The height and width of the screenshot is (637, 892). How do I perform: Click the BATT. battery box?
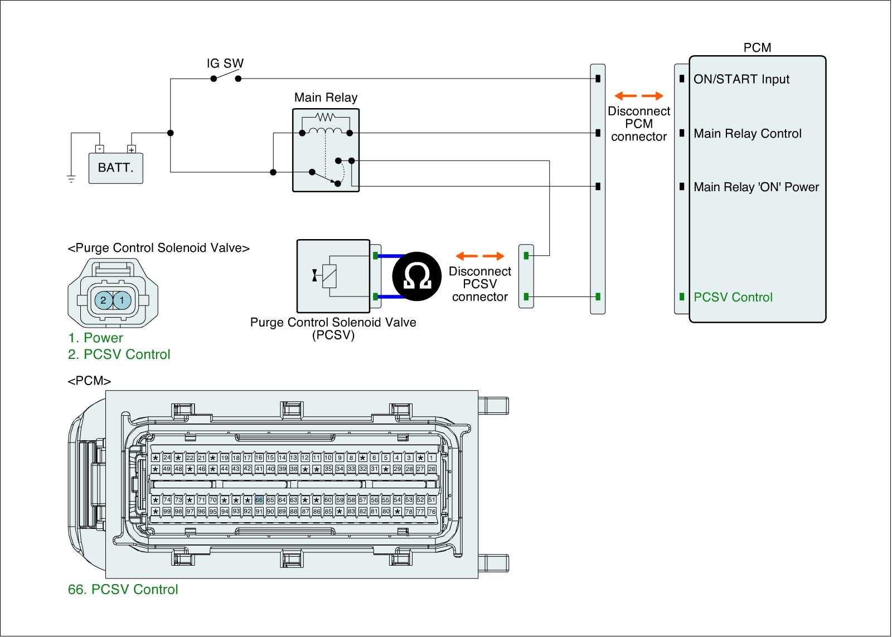pyautogui.click(x=116, y=168)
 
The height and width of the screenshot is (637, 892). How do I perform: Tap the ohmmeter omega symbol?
pyautogui.click(x=416, y=277)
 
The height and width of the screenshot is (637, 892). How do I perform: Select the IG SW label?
pyautogui.click(x=225, y=64)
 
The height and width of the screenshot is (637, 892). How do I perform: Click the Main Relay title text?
pyautogui.click(x=326, y=98)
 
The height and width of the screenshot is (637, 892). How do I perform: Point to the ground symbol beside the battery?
pyautogui.click(x=71, y=178)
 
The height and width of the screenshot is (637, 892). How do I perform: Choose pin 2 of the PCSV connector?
pyautogui.click(x=103, y=300)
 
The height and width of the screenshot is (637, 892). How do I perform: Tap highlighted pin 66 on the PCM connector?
pyautogui.click(x=259, y=500)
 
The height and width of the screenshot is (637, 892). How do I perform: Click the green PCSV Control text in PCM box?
pyautogui.click(x=733, y=297)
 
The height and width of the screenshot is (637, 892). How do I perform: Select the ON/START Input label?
pyautogui.click(x=741, y=79)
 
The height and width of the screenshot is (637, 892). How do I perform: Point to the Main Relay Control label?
pyautogui.click(x=747, y=134)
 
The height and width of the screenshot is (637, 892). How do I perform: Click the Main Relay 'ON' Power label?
pyautogui.click(x=756, y=187)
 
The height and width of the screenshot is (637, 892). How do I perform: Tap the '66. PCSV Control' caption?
pyautogui.click(x=123, y=590)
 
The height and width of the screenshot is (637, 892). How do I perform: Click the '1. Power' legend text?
pyautogui.click(x=95, y=338)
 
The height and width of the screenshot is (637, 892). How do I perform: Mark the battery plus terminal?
pyautogui.click(x=132, y=149)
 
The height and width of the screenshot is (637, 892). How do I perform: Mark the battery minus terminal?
pyautogui.click(x=99, y=149)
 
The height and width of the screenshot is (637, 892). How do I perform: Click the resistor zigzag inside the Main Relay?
pyautogui.click(x=326, y=117)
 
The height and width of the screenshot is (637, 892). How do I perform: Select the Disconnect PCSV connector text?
pyautogui.click(x=479, y=284)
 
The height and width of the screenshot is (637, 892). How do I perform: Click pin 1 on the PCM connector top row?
pyautogui.click(x=432, y=458)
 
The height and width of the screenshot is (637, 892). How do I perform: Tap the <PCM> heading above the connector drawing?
pyautogui.click(x=89, y=381)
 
